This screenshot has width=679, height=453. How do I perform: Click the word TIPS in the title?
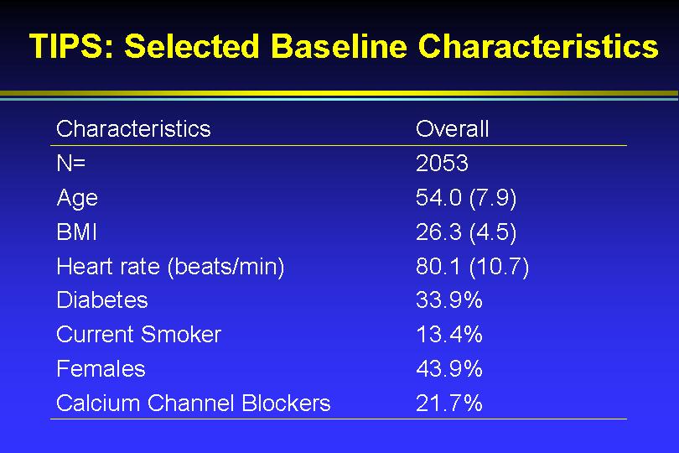coord(71,46)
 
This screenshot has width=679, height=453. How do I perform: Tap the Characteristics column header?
coord(133,128)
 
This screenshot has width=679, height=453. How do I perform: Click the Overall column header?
coord(452,128)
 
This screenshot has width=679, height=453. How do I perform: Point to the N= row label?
coord(71,164)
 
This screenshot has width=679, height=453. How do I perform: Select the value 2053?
coord(442,164)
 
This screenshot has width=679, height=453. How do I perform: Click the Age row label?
coord(77,199)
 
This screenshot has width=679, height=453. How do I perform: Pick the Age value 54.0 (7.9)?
coord(466,198)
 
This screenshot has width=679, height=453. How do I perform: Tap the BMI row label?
coord(76,232)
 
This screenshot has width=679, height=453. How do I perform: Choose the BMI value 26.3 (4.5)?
coord(466,232)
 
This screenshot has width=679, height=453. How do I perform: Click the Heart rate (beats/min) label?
coord(171,267)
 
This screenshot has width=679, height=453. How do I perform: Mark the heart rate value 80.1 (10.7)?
coord(473,267)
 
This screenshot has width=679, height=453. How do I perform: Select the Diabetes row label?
coord(102,300)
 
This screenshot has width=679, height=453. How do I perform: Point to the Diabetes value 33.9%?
coord(449,300)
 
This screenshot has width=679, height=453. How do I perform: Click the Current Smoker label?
coord(138,334)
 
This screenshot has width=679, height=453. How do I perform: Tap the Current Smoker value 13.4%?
coord(449,334)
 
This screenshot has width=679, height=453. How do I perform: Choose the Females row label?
coord(101,369)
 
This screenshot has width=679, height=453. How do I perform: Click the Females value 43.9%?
coord(449,369)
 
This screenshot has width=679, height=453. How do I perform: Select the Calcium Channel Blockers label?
coord(193,404)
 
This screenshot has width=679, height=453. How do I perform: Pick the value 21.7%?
coord(449,404)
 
